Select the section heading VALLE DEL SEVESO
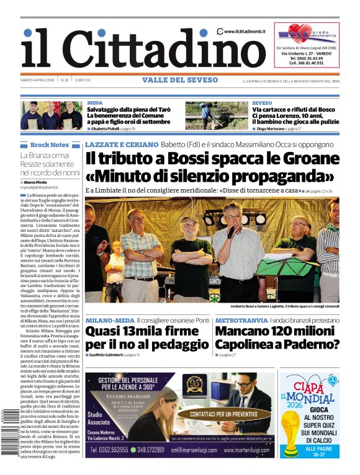(180, 81)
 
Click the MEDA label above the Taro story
(95, 103)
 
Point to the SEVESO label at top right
(262, 103)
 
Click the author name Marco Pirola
(36, 182)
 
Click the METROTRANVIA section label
(241, 320)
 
